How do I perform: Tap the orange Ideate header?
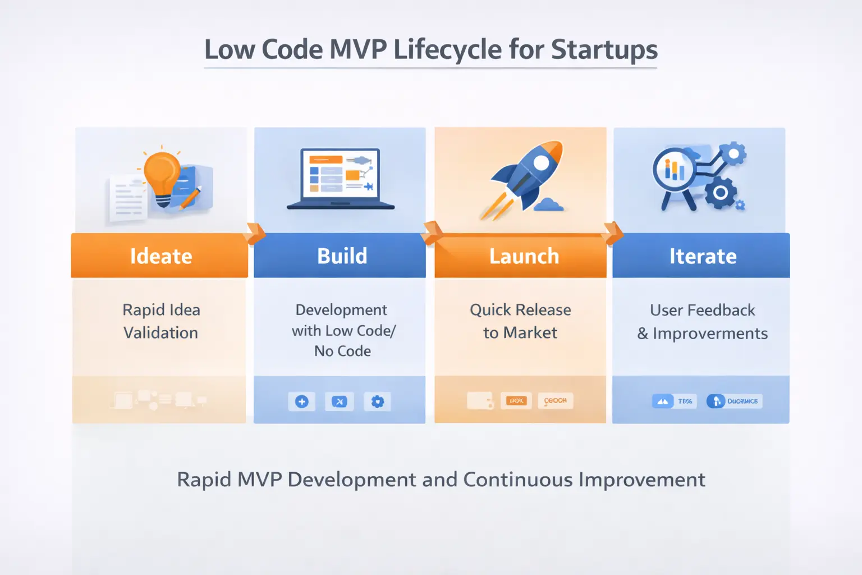coord(161,256)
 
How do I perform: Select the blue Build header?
coord(341,256)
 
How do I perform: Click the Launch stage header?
coord(523,256)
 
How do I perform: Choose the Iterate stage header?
coord(702,256)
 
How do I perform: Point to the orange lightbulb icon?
coord(162,174)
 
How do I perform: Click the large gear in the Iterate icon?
coord(721,193)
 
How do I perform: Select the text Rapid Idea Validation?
coord(161,321)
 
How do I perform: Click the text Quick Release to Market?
coord(520,321)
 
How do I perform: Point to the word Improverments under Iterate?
coord(710,334)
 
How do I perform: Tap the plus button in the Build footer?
coord(302,401)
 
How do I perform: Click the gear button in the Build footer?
coord(378,401)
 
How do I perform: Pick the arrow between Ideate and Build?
coord(255,233)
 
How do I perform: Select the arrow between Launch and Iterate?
coord(613,233)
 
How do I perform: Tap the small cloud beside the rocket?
coord(548,204)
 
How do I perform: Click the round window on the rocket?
coord(541,162)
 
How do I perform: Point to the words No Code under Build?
coord(342,351)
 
